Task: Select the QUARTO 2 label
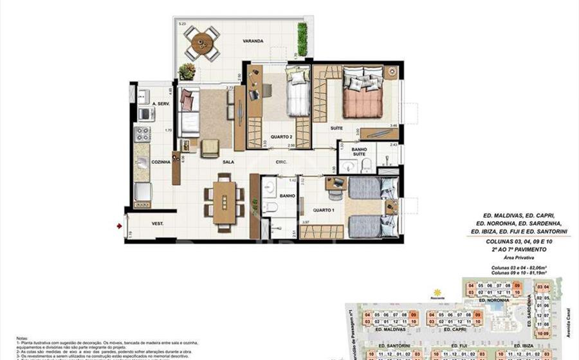pyautogui.click(x=279, y=136)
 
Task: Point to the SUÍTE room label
pyautogui.click(x=318, y=128)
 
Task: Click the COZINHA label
pyautogui.click(x=160, y=162)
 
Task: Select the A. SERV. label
pyautogui.click(x=159, y=105)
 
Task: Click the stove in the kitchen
pyautogui.click(x=142, y=134)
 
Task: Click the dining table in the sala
pyautogui.click(x=224, y=201)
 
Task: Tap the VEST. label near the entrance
pyautogui.click(x=156, y=224)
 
